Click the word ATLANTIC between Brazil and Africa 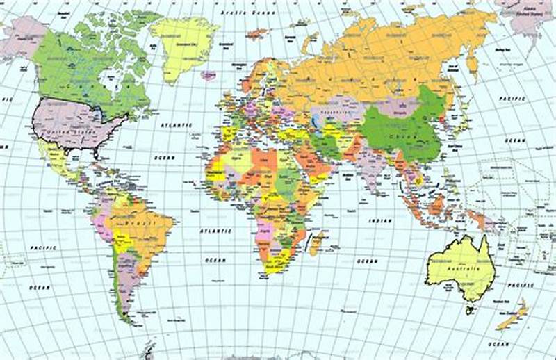[x=215, y=230]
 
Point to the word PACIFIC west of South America [x=43, y=247]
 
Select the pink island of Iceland [x=208, y=74]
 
